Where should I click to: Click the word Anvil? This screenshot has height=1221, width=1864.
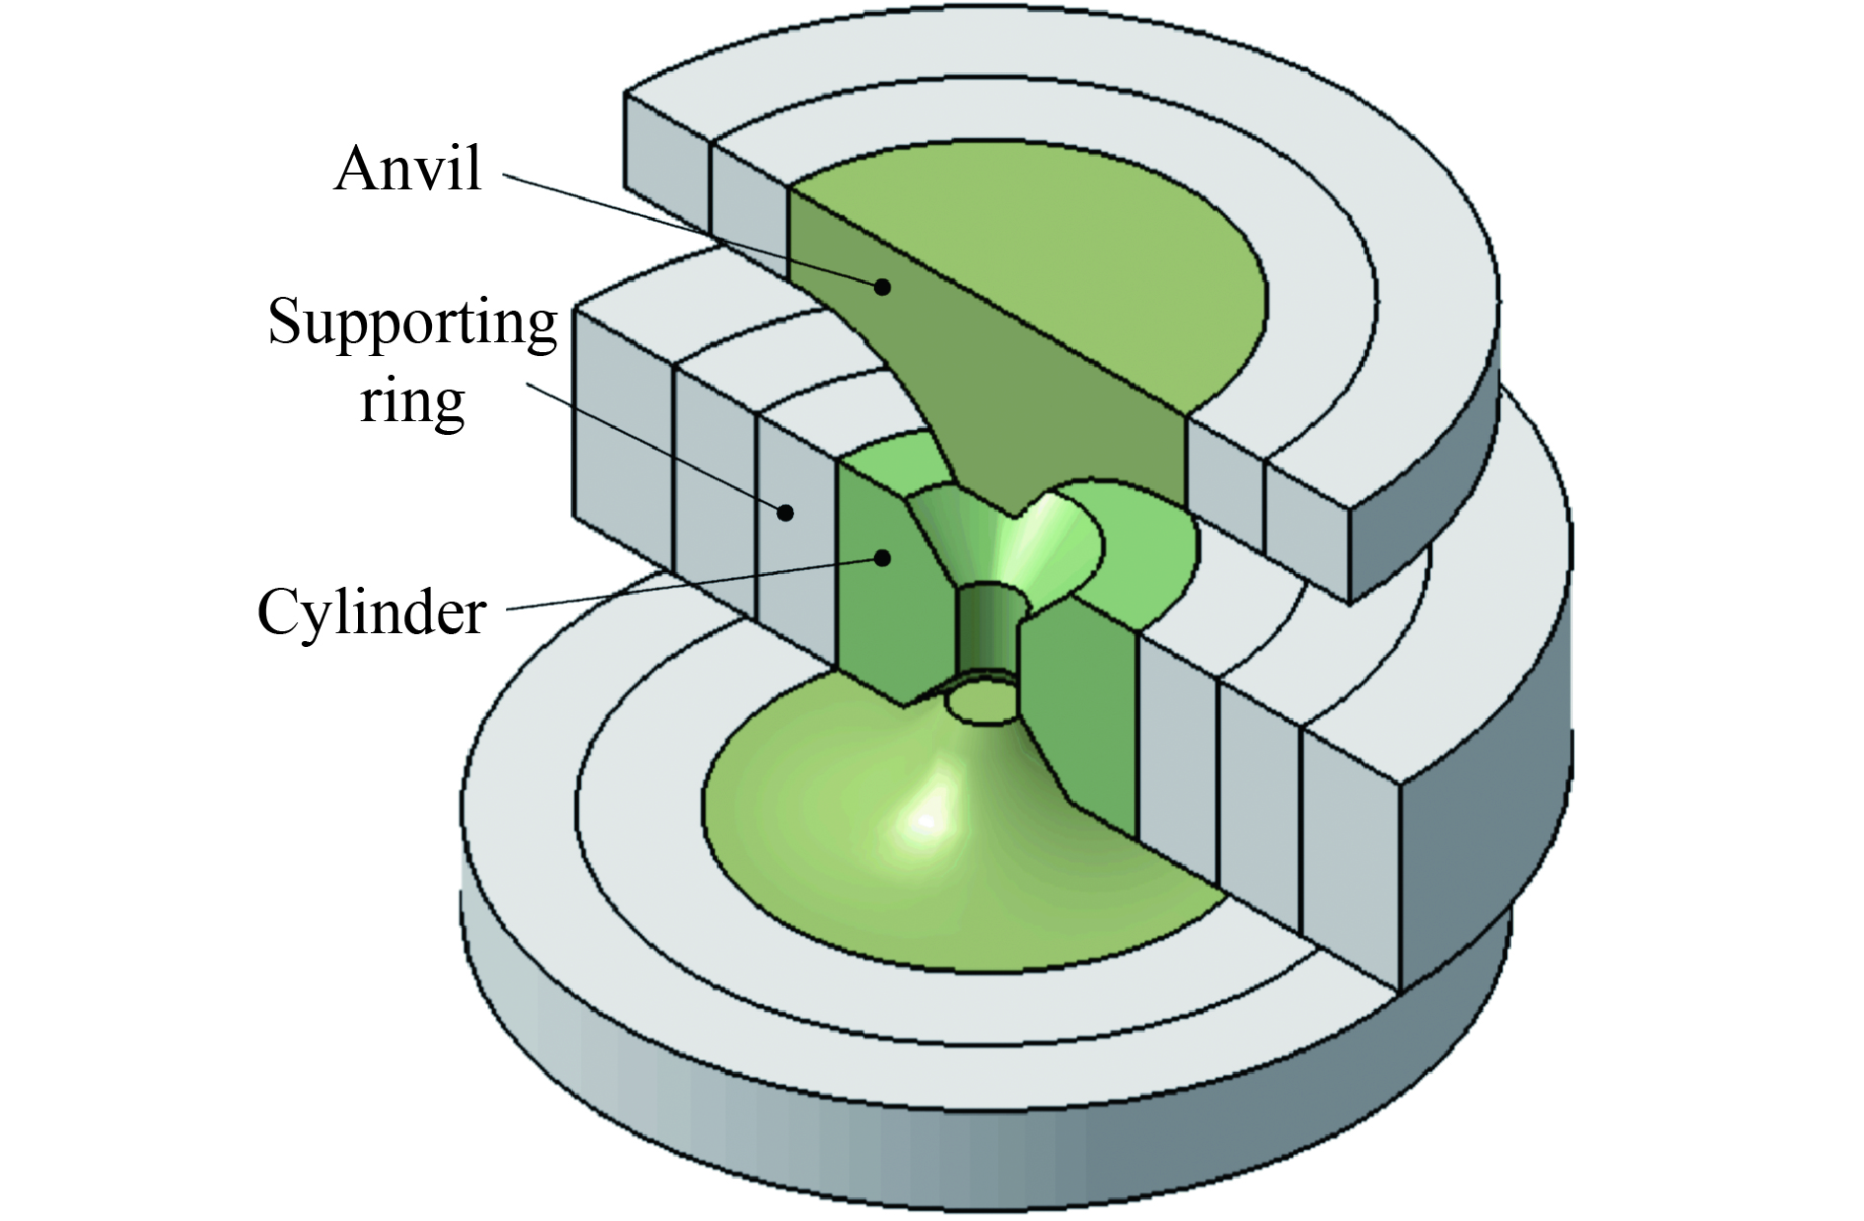[x=408, y=169]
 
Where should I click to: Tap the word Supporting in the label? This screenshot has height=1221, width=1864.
[x=412, y=323]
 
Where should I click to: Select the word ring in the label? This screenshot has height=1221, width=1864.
[x=411, y=401]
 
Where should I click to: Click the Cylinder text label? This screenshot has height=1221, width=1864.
[x=372, y=612]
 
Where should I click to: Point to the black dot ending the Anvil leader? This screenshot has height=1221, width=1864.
[x=883, y=286]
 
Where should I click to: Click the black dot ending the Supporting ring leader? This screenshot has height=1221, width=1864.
[x=785, y=512]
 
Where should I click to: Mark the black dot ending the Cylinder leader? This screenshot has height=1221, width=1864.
[x=883, y=558]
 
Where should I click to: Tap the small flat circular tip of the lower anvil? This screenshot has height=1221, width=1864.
[x=980, y=703]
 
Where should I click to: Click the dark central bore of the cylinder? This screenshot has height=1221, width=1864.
[x=989, y=631]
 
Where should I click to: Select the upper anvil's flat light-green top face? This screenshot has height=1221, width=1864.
[x=1036, y=247]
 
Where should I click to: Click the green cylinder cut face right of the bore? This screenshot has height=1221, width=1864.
[x=1075, y=720]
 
